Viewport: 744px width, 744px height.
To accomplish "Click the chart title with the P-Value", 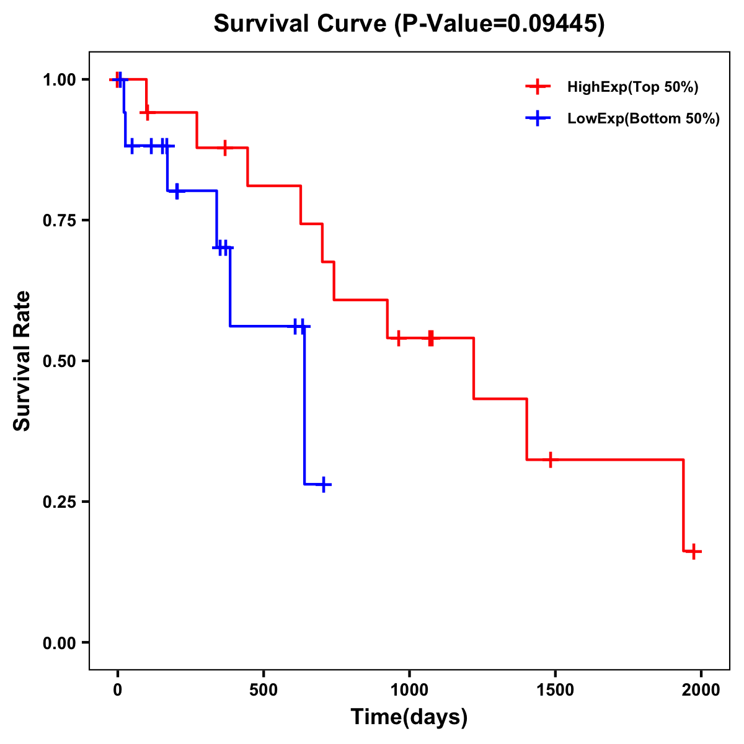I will click(409, 24).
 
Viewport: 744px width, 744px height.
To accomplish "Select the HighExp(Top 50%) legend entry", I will click(632, 87).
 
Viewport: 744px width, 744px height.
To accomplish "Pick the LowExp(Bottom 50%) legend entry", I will click(643, 118).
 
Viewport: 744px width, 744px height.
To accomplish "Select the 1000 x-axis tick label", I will click(409, 689).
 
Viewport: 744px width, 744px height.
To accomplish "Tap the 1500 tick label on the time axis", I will click(555, 689).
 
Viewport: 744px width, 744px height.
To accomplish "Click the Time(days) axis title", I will click(409, 717).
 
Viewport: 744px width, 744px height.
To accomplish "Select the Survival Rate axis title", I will click(22, 361).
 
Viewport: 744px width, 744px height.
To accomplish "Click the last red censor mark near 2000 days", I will click(694, 551).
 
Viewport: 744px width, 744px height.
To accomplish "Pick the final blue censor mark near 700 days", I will click(323, 484).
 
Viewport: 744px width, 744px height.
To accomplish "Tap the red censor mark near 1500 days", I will click(550, 459).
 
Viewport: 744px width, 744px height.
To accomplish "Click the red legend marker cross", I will click(538, 87).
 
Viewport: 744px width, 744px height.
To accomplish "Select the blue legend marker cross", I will click(538, 118).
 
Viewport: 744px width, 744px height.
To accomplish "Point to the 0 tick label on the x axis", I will click(118, 689).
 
